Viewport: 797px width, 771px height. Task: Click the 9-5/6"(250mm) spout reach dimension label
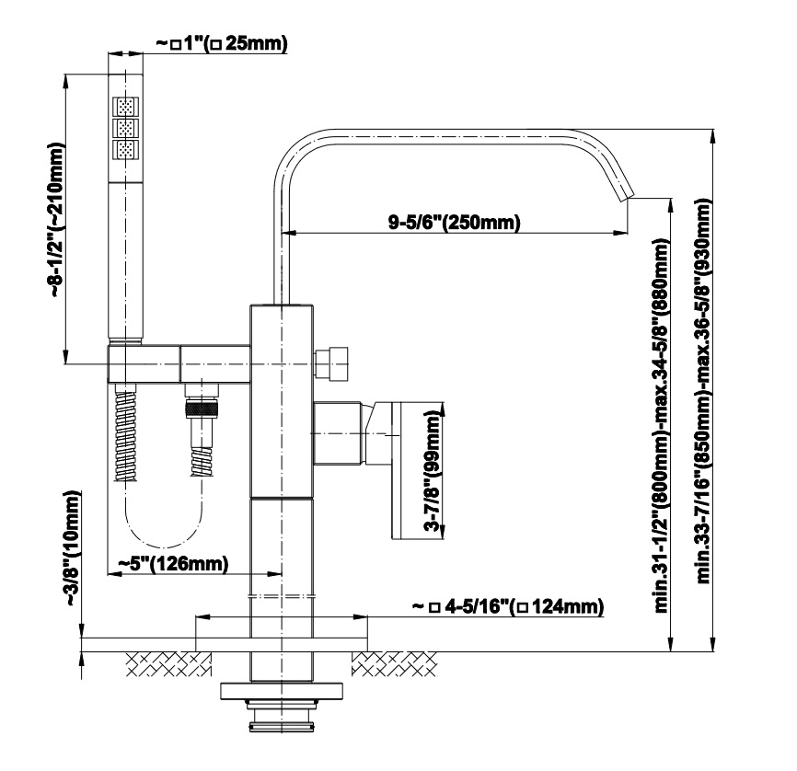[455, 222]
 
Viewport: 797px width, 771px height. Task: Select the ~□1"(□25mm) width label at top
[222, 44]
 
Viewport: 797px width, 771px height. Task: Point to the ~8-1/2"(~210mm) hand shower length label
[57, 220]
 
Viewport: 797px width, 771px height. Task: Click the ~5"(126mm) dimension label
[173, 563]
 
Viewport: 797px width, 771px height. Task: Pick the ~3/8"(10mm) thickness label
[73, 548]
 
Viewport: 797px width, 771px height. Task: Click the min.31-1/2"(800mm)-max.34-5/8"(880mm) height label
[662, 424]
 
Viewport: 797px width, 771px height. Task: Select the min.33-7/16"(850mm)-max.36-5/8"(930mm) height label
[703, 390]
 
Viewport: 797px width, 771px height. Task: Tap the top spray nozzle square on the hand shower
[125, 108]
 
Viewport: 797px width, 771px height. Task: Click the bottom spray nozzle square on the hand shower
[125, 150]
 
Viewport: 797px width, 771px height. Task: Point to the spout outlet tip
[629, 196]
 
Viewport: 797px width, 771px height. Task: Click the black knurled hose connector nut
[202, 409]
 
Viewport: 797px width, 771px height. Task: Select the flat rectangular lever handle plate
[411, 469]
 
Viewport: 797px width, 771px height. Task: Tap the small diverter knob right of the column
[331, 364]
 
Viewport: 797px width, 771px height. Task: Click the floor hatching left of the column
[168, 663]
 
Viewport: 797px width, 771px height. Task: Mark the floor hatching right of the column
[395, 663]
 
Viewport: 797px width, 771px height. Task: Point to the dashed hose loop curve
[164, 547]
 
